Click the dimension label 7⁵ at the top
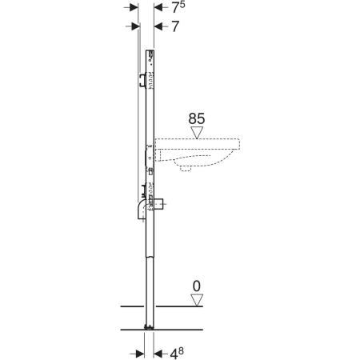pos(178,7)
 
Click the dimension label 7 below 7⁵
pos(175,26)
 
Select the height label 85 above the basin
pos(197,118)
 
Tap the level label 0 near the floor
pos(196,286)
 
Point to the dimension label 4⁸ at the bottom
pos(177,354)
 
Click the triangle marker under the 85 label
pos(197,133)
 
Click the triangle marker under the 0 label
pos(197,300)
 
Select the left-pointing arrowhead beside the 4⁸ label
pos(158,354)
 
